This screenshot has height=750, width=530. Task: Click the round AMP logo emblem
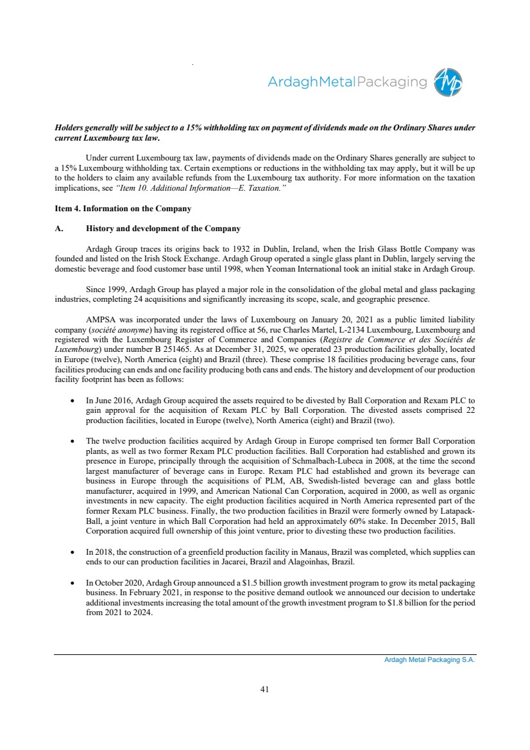(449, 83)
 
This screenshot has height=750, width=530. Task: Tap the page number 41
(264, 689)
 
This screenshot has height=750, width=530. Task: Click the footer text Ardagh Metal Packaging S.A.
(425, 659)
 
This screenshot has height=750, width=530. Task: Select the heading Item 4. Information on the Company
(123, 209)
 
